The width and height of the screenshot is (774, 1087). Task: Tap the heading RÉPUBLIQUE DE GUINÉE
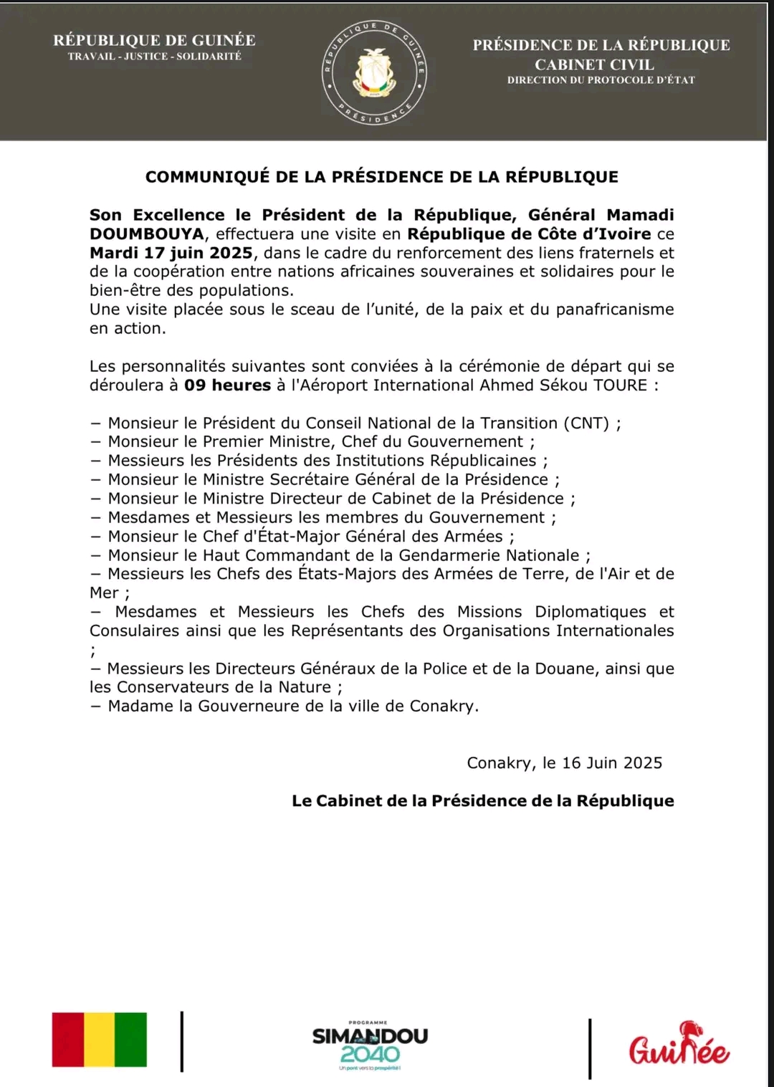point(154,40)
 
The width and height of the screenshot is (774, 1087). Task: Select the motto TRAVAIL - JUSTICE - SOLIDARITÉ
point(155,57)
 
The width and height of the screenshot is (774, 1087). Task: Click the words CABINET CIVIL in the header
point(594,64)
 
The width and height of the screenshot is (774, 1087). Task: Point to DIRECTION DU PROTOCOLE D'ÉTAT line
point(601,80)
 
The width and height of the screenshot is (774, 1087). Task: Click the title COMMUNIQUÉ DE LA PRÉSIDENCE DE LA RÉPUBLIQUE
point(381,177)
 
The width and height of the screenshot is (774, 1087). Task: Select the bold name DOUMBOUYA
point(147,234)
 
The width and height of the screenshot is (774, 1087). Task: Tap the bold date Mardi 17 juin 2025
point(171,253)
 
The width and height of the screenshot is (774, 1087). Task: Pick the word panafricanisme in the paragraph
point(615,310)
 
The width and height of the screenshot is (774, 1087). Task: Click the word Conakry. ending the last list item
point(444,707)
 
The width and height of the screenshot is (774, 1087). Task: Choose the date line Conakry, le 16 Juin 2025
point(564,763)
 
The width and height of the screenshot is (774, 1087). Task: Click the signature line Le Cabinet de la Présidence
point(482,801)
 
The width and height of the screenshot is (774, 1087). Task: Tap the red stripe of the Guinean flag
point(68,1040)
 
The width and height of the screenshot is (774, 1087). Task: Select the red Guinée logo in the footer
point(679,1045)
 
